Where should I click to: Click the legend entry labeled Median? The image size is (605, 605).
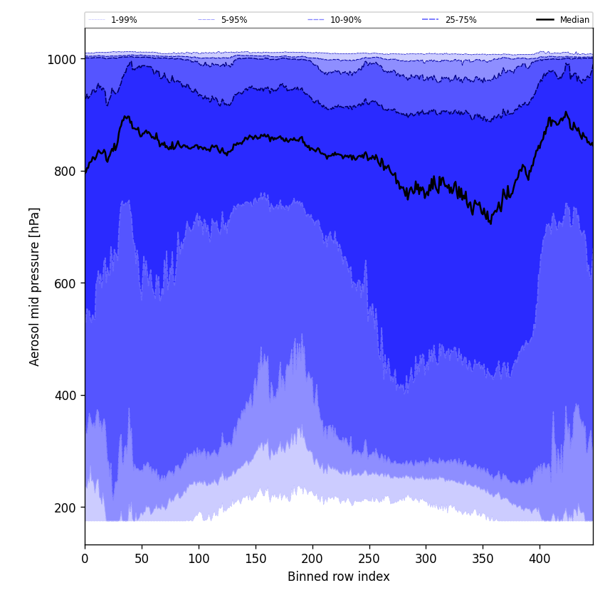pos(574,20)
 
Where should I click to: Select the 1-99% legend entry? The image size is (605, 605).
pos(124,20)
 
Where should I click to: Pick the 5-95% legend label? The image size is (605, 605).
pos(233,20)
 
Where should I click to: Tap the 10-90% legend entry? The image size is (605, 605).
pos(345,20)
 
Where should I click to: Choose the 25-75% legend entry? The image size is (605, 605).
pos(461,20)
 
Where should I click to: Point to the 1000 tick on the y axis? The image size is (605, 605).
pos(61,59)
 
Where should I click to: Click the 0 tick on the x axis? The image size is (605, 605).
pos(85,559)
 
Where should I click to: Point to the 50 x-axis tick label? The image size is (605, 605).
pos(142,559)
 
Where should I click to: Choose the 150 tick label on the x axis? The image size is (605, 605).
pos(256,559)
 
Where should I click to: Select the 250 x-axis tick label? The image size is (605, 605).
pos(369,559)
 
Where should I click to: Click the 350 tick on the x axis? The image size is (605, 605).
pos(483,559)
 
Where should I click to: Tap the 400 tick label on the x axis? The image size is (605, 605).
pos(540,559)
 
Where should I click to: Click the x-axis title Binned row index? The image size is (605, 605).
pos(339,577)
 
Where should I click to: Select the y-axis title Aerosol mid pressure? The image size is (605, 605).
pos(35,286)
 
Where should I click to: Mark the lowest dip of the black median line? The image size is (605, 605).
pos(490,224)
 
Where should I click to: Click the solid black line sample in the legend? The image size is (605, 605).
pos(545,20)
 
